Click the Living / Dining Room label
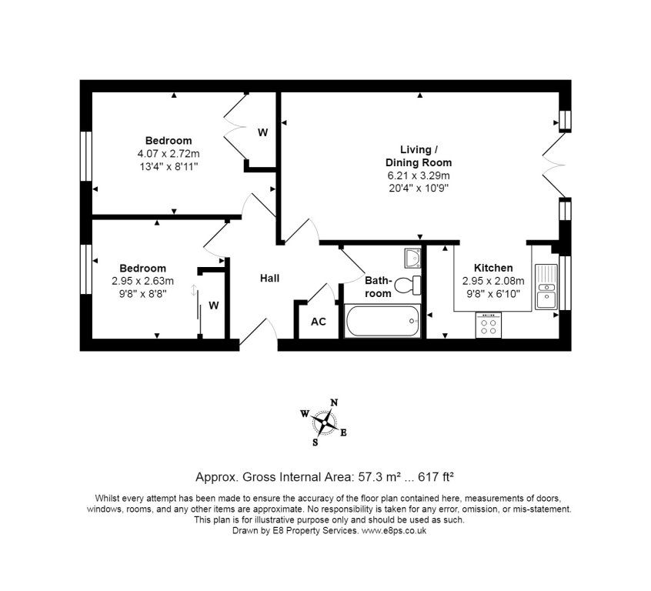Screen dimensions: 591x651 point(419,156)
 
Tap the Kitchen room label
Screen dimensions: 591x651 point(493,268)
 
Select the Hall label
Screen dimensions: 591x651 point(269,278)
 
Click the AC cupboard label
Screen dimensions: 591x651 point(318,322)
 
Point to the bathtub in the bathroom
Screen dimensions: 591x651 point(382,321)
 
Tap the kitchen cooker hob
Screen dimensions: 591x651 point(488,326)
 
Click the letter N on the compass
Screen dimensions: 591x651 point(334,402)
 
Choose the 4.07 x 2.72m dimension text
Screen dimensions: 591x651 point(168,153)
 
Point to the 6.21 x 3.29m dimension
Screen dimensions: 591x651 point(419,175)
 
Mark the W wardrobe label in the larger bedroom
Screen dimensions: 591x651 point(262,132)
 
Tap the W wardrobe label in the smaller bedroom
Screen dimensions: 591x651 point(214,306)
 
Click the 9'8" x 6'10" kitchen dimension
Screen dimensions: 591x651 point(493,292)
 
